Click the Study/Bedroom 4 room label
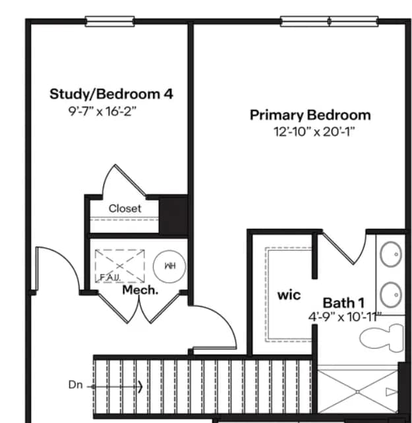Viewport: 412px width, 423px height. point(111,93)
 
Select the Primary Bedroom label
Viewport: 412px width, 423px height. point(310,115)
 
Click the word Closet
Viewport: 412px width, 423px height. point(125,208)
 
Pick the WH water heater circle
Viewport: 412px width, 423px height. point(169,266)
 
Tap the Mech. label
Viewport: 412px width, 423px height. point(140,289)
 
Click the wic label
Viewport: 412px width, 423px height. point(289,294)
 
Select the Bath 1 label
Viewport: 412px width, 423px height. point(343,303)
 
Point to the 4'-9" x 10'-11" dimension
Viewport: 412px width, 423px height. point(345,316)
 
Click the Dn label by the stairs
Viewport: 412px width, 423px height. point(75,385)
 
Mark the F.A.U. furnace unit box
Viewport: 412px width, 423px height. point(119,266)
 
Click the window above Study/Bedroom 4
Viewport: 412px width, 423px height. point(110,22)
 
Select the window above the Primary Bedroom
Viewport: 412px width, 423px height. point(329,22)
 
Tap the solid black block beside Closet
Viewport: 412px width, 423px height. point(174,214)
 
